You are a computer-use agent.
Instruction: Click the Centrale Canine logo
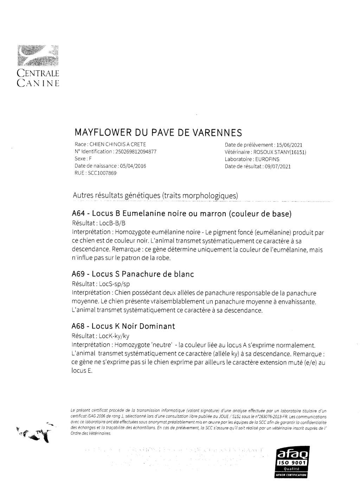38,65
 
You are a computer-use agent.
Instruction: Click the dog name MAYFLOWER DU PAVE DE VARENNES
158,133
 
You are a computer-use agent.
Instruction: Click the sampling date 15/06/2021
289,145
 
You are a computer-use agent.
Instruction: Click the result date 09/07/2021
276,166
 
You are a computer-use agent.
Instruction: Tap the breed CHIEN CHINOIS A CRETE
118,144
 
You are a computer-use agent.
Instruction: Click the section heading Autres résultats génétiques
155,195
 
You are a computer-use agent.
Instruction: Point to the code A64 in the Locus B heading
78,214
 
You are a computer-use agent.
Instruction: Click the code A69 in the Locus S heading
78,274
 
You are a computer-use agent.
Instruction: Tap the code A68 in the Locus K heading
78,326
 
